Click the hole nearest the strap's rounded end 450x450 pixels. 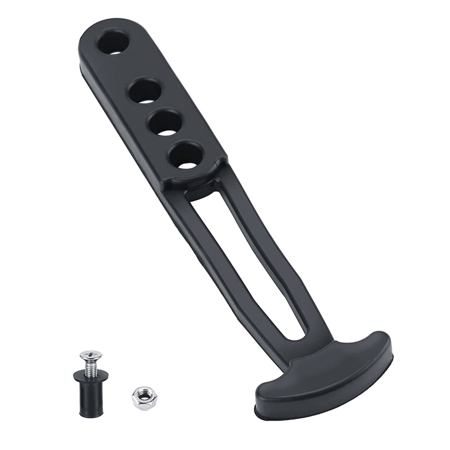[x=113, y=44]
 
